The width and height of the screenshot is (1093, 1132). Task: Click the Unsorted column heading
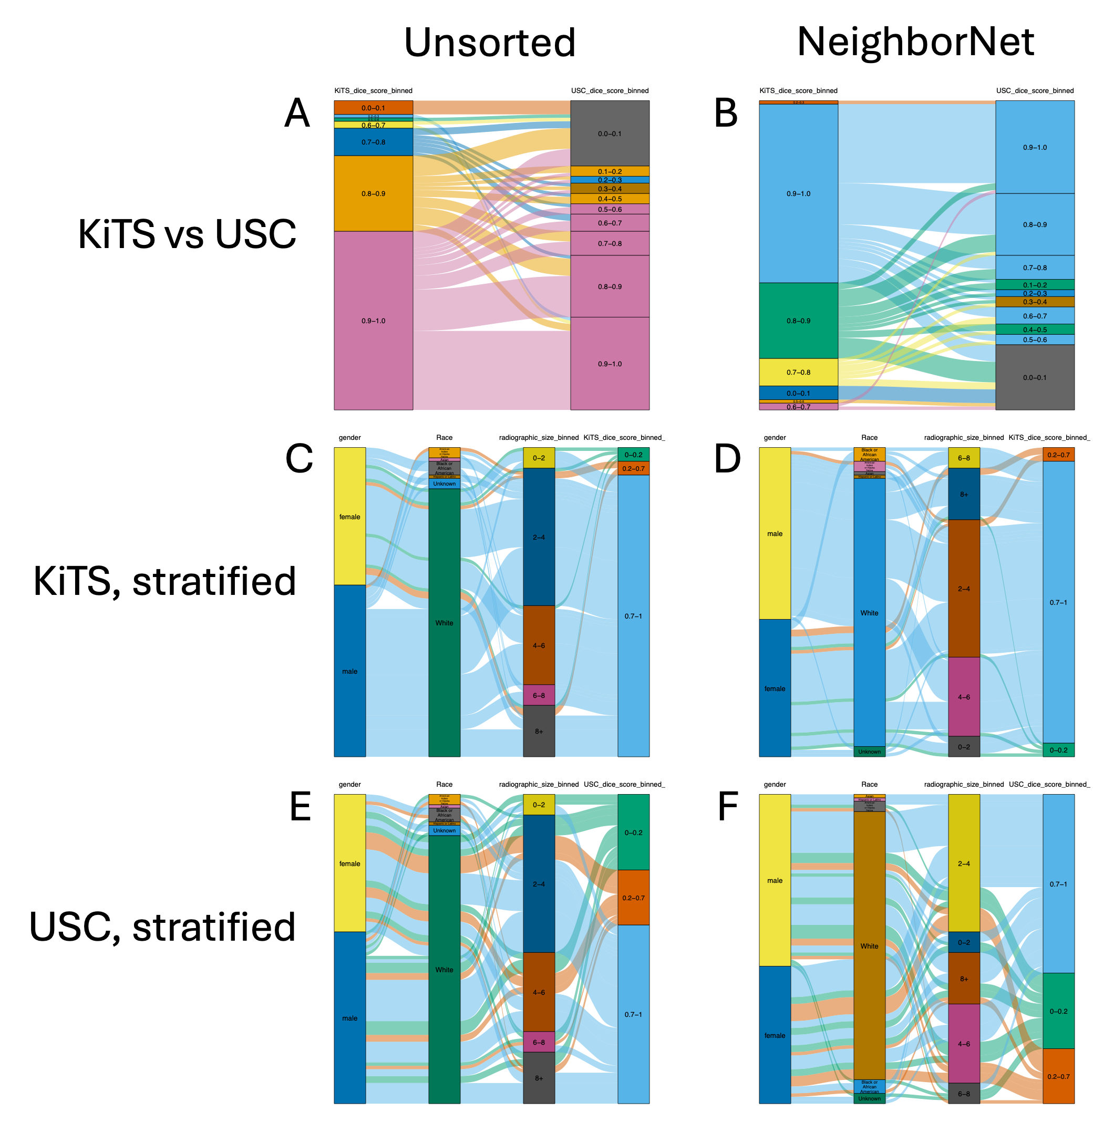coord(490,43)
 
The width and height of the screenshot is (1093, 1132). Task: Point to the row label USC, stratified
coord(162,928)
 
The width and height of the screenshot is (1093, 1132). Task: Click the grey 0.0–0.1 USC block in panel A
coord(610,133)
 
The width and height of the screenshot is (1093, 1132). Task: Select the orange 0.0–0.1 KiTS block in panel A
coord(373,107)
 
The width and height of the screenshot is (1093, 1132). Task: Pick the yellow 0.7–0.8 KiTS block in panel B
coord(798,372)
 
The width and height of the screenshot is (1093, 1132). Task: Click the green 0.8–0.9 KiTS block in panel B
coord(798,321)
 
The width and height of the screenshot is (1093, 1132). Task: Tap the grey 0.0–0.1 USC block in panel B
coord(1035,377)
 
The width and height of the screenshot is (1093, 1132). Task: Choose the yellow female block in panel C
coord(349,516)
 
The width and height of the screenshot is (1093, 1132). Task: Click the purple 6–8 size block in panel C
coord(539,695)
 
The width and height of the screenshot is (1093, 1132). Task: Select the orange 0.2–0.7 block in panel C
coord(633,468)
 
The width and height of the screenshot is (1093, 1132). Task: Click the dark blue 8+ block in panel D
coord(964,494)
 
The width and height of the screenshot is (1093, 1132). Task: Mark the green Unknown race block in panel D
coord(869,752)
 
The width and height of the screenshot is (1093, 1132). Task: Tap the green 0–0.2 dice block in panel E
coord(633,832)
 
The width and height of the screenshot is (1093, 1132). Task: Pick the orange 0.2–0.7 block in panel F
coord(1058,1076)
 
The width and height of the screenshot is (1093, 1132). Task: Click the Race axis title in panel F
coord(869,784)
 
